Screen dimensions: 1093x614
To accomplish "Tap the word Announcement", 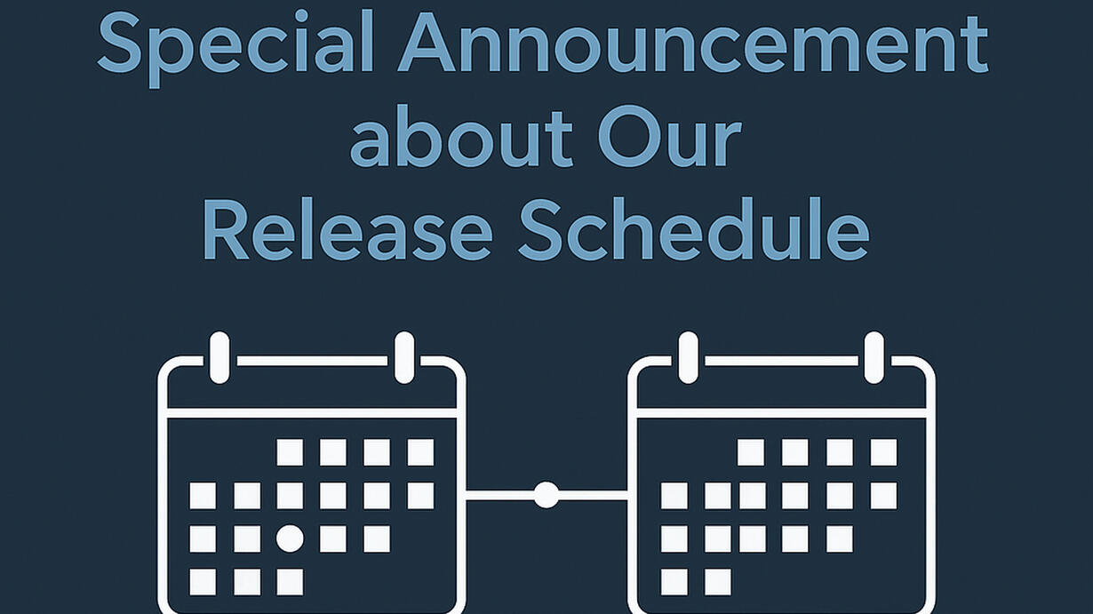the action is pos(693,43).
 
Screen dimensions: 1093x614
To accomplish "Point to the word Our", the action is pos(669,136).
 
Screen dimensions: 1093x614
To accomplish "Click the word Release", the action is pos(347,228).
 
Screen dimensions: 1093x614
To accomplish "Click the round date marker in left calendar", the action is pos(290,538).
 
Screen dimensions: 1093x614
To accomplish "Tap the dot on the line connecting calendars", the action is pos(546,495).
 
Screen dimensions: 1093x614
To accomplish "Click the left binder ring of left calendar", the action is pos(219,357).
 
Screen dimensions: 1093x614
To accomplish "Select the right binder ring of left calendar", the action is pos(404,357).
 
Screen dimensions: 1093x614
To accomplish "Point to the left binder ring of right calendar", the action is pos(688,357).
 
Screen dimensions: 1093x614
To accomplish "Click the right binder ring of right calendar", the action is pos(874,357).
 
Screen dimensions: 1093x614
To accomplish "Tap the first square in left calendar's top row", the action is pos(290,452).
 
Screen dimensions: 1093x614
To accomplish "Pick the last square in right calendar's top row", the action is pos(883,452).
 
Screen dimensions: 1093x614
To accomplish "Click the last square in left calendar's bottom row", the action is pos(290,582).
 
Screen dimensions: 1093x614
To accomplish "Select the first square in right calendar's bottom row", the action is pos(674,582).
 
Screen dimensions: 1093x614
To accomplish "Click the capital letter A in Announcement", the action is pos(427,43).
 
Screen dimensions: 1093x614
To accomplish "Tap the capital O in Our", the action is pos(628,136).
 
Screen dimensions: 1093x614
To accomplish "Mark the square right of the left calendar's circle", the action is pos(333,538).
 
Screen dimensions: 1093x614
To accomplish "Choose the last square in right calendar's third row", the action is pos(840,538).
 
